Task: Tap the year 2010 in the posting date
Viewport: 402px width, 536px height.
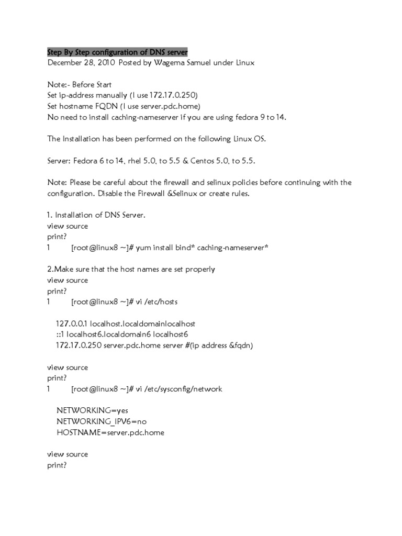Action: coord(105,63)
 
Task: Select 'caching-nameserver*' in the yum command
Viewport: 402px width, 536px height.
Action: coord(234,248)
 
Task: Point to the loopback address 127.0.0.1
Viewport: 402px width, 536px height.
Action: coord(72,323)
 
